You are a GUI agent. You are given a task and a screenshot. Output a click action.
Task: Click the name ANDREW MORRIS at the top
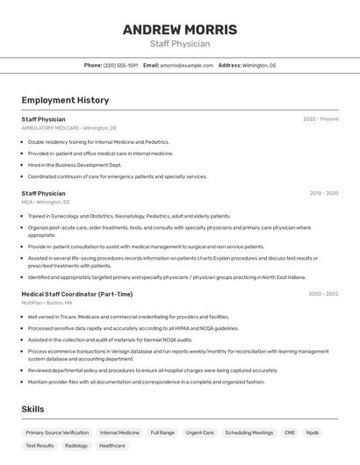pos(179,29)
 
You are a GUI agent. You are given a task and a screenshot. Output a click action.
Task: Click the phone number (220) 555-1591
pos(120,65)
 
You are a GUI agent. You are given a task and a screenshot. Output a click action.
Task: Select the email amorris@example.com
pos(186,65)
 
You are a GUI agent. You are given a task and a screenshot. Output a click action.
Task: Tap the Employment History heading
pos(65,100)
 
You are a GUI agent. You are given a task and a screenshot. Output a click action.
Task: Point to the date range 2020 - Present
pos(320,119)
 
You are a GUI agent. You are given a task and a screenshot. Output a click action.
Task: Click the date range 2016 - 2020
pos(323,193)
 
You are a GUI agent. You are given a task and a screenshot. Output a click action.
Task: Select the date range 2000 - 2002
pos(323,294)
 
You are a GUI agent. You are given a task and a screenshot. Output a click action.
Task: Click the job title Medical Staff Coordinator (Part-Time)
pos(77,294)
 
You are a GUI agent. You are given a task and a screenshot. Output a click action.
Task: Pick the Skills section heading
pos(32,409)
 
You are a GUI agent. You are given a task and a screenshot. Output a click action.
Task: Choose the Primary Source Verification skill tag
pos(57,433)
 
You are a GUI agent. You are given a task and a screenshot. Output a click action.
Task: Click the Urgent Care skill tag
pos(200,433)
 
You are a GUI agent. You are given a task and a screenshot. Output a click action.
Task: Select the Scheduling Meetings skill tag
pos(248,433)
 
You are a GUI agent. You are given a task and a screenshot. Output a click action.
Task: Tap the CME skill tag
pos(290,433)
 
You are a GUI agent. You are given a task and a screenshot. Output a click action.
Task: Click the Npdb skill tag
pos(313,433)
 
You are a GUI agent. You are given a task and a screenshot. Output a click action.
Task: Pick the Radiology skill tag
pos(76,446)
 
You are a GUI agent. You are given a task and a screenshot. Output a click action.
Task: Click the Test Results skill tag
pos(40,446)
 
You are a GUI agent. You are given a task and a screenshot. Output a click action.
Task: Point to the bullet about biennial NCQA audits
pos(110,340)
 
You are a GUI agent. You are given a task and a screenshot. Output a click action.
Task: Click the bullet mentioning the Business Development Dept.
pos(75,165)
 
